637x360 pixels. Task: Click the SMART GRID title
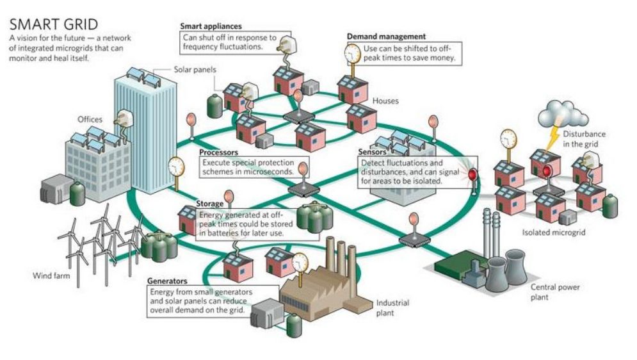tap(54, 24)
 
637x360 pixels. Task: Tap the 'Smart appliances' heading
tap(211, 26)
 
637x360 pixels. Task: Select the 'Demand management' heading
tap(386, 36)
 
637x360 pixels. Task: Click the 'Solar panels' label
tap(195, 69)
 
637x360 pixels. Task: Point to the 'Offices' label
tap(90, 119)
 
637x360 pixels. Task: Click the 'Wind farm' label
tap(51, 275)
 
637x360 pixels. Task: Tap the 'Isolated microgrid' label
tap(554, 233)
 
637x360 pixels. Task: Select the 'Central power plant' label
tap(555, 292)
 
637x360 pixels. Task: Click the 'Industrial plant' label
tap(392, 307)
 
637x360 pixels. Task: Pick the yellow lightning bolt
tap(552, 138)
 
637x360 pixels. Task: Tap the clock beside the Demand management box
tap(352, 54)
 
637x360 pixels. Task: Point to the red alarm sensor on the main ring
tap(472, 175)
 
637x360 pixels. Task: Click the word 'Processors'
tap(218, 152)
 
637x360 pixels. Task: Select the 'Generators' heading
tap(167, 281)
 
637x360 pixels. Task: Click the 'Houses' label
tap(385, 101)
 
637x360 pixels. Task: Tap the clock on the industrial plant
tap(300, 263)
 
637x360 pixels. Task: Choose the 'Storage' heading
tap(209, 204)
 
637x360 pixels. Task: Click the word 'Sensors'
tap(372, 152)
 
